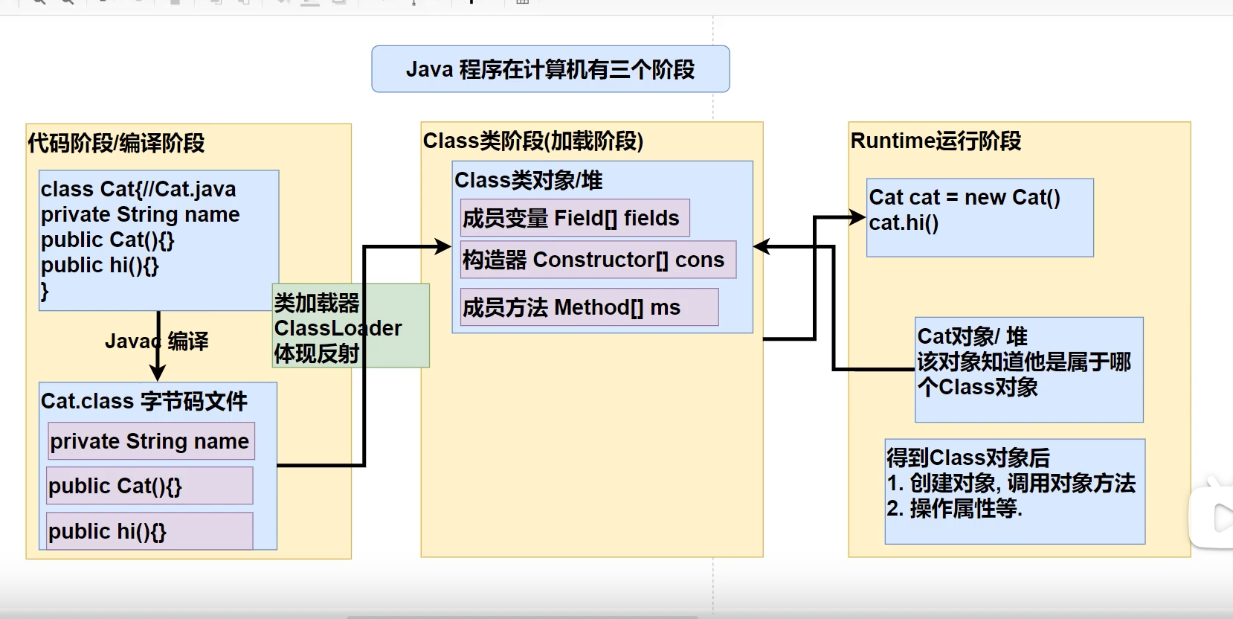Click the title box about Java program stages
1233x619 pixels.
pyautogui.click(x=550, y=69)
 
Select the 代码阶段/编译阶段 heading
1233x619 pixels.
pyautogui.click(x=116, y=143)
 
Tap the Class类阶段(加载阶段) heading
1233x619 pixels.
pyautogui.click(x=532, y=141)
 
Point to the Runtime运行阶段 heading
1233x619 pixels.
pyautogui.click(x=936, y=141)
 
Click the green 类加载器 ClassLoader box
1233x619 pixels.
pyautogui.click(x=351, y=326)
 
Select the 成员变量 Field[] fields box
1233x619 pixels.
pyautogui.click(x=574, y=218)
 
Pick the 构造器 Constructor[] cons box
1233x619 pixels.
pyautogui.click(x=597, y=260)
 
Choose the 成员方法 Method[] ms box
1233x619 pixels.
pyautogui.click(x=588, y=307)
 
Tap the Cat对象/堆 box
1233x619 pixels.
pyautogui.click(x=1028, y=370)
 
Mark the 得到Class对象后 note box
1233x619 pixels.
pyautogui.click(x=1014, y=491)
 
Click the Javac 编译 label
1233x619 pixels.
pyautogui.click(x=157, y=341)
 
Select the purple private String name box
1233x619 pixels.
pyautogui.click(x=151, y=441)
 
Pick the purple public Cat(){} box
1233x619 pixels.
pyautogui.click(x=149, y=486)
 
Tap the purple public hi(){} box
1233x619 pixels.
pyautogui.click(x=149, y=531)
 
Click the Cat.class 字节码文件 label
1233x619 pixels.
pyautogui.click(x=144, y=401)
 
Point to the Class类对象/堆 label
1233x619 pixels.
pyautogui.click(x=528, y=180)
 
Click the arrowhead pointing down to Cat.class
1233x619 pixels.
pyautogui.click(x=157, y=372)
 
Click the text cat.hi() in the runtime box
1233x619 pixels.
pyautogui.click(x=904, y=222)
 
